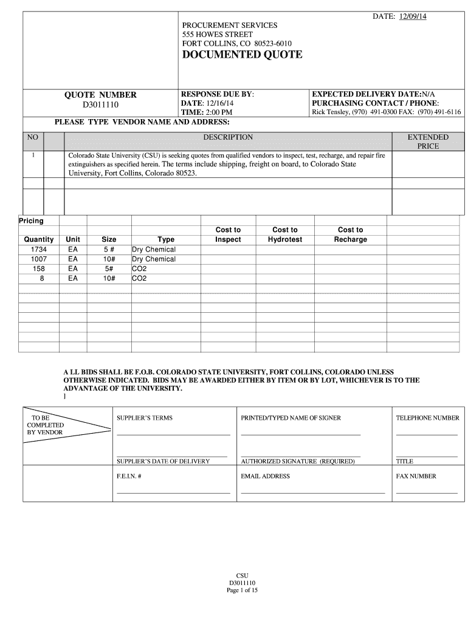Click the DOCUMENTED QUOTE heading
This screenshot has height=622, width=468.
coord(242,55)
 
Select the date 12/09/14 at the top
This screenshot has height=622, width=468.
coord(413,16)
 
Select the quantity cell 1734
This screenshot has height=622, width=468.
coord(38,250)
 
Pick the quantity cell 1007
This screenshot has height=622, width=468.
coord(38,259)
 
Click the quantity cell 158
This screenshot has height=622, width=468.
coord(38,268)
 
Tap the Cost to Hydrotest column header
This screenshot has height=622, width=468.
coord(284,234)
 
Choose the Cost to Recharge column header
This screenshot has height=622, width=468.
coord(350,234)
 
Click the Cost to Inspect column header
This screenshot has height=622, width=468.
coord(228,234)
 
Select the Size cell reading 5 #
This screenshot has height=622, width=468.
coord(109,250)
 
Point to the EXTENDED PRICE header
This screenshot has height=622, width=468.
coord(428,142)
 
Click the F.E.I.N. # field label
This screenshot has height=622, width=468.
coord(129,476)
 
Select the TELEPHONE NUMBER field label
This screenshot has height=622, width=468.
coord(427,418)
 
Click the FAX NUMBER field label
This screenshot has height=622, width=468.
coord(416,476)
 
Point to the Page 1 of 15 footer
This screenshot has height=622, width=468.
coord(242,590)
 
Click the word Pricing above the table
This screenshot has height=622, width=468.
coord(31,221)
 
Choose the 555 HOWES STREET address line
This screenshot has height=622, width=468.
coord(218,35)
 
